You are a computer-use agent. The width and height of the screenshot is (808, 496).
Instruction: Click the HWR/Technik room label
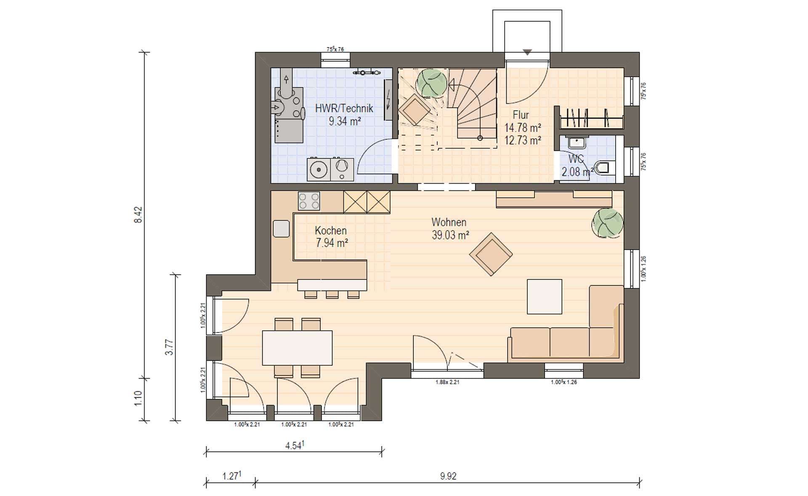[344, 108]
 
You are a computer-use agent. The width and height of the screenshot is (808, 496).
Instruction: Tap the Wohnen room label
[449, 222]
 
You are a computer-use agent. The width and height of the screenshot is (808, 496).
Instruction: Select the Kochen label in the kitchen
[331, 230]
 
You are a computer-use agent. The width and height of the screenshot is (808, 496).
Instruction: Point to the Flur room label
[521, 115]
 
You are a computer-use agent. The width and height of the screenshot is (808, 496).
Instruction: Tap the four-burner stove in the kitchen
[309, 201]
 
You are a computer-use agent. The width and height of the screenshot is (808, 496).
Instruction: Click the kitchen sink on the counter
[281, 229]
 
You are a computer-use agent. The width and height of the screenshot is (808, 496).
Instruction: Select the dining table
[297, 348]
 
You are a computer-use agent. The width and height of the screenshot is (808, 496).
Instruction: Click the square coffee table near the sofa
[545, 296]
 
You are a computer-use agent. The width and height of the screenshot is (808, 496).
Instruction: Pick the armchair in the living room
[491, 254]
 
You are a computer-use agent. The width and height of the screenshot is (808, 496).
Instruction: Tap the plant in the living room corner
[607, 223]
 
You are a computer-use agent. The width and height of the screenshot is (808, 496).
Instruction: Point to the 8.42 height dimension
[138, 214]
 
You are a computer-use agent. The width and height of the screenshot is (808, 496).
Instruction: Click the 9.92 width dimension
[448, 476]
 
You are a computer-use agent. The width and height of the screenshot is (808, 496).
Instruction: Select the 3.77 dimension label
[169, 347]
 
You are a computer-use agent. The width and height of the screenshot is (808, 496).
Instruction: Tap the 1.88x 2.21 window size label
[447, 383]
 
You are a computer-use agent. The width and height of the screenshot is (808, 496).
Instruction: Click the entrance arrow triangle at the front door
[527, 53]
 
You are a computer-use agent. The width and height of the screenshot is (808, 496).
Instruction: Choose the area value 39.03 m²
[450, 235]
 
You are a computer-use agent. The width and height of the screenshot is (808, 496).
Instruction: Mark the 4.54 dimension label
[295, 445]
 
